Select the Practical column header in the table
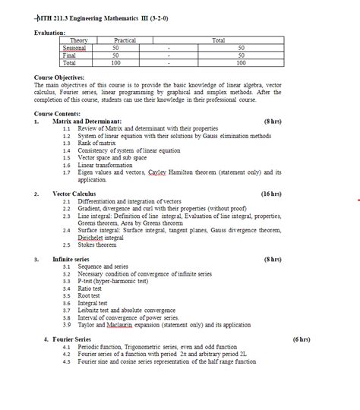125,39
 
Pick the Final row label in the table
69,55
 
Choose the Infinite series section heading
71,259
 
